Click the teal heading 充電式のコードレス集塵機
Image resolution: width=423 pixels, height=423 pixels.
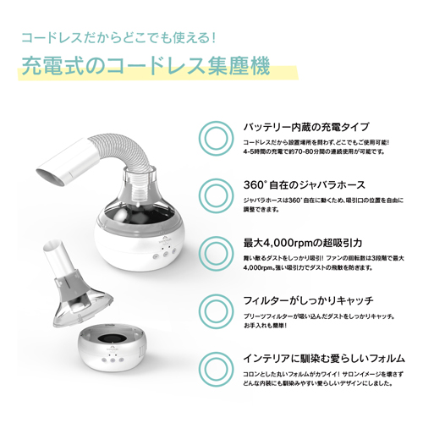pyautogui.click(x=146, y=66)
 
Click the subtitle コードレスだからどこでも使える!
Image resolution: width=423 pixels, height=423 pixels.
pyautogui.click(x=118, y=37)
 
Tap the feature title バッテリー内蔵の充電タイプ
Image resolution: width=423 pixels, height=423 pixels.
pyautogui.click(x=306, y=127)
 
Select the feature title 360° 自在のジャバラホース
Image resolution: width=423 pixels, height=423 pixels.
pyautogui.click(x=305, y=185)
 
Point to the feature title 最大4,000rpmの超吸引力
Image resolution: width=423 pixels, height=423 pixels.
pyautogui.click(x=303, y=243)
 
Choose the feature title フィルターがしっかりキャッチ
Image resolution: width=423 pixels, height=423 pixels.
pyautogui.click(x=309, y=300)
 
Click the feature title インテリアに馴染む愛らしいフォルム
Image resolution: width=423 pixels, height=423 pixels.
pyautogui.click(x=324, y=359)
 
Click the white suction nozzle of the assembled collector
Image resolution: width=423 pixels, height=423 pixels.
pyautogui.click(x=65, y=162)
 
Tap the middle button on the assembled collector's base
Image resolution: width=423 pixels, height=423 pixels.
pyautogui.click(x=166, y=254)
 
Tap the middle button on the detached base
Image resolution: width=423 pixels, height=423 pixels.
pyautogui.click(x=113, y=360)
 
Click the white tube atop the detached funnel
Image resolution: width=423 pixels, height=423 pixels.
pyautogui.click(x=56, y=255)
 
